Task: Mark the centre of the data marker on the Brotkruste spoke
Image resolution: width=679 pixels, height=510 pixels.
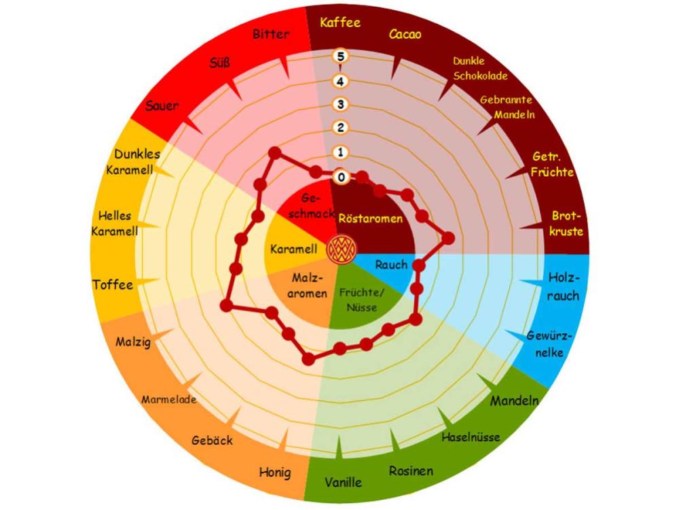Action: [449, 238]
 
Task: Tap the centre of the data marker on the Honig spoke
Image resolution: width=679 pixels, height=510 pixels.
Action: [308, 358]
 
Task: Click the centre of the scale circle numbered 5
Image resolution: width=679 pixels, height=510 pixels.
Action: [341, 56]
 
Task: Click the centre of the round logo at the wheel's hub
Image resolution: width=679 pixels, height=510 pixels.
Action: [342, 250]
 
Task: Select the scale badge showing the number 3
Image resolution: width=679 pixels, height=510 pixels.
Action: [341, 105]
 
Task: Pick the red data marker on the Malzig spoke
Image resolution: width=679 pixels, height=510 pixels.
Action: [225, 305]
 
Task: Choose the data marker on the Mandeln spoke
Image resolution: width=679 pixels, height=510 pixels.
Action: [416, 320]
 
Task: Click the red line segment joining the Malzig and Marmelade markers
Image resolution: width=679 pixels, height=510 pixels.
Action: [249, 309]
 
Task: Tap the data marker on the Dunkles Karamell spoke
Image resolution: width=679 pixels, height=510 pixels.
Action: [258, 216]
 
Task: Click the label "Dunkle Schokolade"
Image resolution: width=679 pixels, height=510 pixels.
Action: [480, 69]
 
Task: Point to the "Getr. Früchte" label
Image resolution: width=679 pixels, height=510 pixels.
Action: [552, 165]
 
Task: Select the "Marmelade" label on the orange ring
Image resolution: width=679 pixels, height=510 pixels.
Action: [169, 399]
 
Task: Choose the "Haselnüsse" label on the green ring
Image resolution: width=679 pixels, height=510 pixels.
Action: [471, 437]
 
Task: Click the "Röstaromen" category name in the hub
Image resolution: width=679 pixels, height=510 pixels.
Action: [370, 218]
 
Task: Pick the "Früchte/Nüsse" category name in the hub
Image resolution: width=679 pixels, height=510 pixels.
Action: [362, 300]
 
